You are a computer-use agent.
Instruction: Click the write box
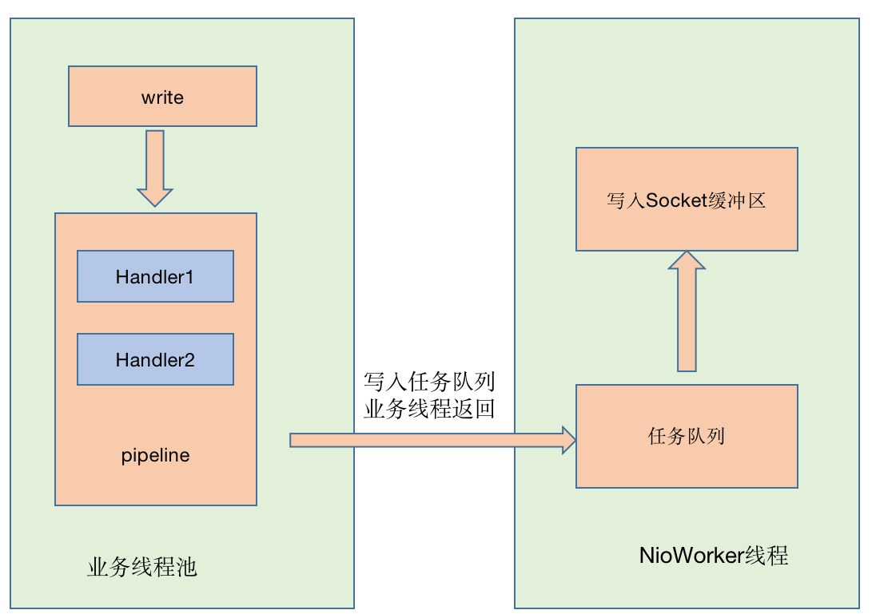coord(162,97)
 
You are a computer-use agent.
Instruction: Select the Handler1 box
coord(155,276)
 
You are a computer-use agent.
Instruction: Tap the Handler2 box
coord(155,359)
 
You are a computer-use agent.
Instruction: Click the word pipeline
coord(156,456)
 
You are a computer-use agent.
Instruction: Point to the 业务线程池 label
coord(142,568)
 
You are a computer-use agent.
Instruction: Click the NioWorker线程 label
coord(714,556)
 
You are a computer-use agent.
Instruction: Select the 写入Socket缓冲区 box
coord(687,199)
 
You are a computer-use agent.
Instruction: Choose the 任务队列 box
coord(687,436)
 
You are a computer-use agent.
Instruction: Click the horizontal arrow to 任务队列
coord(432,440)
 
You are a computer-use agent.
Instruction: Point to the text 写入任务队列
coord(429,381)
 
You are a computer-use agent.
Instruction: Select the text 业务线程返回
coord(429,410)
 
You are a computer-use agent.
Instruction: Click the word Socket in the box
coord(676,200)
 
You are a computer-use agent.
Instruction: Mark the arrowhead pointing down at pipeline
coord(155,196)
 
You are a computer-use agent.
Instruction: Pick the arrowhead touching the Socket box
coord(687,260)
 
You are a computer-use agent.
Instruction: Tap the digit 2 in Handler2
coord(189,360)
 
